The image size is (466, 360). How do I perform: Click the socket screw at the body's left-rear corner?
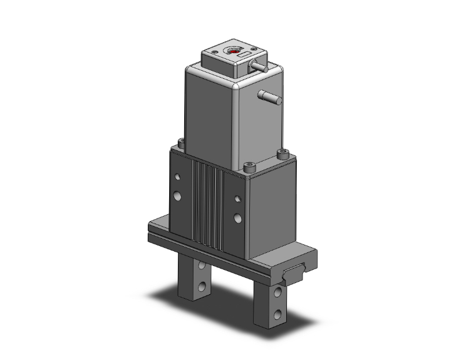[182, 143]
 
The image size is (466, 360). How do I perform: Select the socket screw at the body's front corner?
[250, 166]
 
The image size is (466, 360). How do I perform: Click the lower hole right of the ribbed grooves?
[237, 219]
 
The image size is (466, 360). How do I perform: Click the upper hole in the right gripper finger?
[278, 292]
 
